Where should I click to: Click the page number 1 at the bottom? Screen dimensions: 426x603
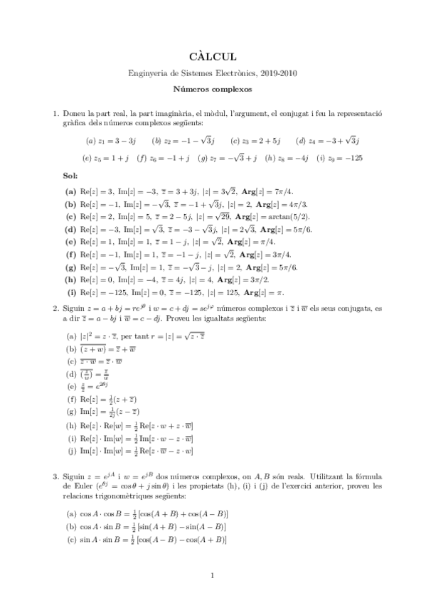coord(213,577)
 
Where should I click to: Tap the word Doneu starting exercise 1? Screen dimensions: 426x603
coord(76,114)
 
